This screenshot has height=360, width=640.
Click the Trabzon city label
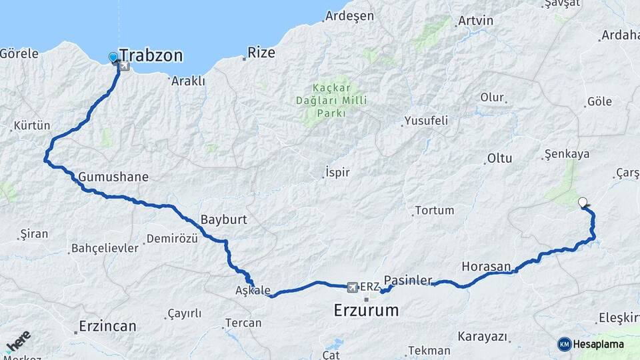pos(151,56)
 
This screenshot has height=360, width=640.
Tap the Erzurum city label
pos(366,310)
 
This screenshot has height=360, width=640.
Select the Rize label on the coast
pos(261,53)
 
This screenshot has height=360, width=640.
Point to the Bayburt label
pos(224,219)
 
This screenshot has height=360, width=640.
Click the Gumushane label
pos(113,177)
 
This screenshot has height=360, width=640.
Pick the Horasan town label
pos(485,267)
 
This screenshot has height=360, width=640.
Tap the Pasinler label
pos(418,280)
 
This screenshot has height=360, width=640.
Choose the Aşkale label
pos(253,291)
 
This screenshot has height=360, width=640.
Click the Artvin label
pos(476,21)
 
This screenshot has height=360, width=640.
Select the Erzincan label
pos(107,327)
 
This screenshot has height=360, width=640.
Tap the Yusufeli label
pos(425,121)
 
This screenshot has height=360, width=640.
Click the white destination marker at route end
pos(583,202)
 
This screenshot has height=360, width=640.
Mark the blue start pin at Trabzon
pos(113,59)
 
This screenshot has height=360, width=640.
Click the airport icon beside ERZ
pos(352,287)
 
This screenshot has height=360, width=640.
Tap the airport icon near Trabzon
pos(124,66)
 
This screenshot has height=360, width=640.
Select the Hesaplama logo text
pos(598,345)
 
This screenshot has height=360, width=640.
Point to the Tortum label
pos(434,211)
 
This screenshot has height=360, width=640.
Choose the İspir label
pos(337,173)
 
